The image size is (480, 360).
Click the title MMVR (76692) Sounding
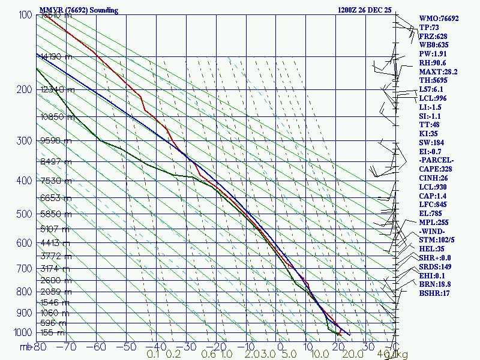[x=79, y=10]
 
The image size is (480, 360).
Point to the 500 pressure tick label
[x=23, y=214]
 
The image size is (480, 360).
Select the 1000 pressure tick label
[x=22, y=332]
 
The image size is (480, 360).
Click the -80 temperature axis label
[x=40, y=346]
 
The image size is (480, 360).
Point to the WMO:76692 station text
[x=439, y=19]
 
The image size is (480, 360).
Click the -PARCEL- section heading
[x=436, y=161]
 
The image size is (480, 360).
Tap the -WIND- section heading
[x=433, y=231]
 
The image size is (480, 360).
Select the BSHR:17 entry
[x=434, y=293]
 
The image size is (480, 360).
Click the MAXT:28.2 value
[x=438, y=71]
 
